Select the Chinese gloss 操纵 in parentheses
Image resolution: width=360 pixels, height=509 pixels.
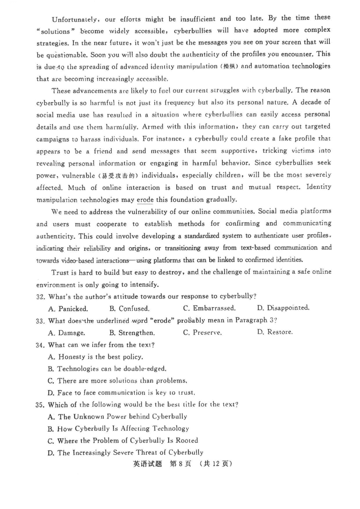(229, 67)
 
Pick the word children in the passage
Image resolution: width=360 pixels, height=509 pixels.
(244, 174)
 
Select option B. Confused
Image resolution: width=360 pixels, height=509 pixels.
(129, 308)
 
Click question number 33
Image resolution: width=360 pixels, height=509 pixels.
(41, 321)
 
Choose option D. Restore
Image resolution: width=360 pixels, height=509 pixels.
(274, 332)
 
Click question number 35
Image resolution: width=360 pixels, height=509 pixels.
(41, 405)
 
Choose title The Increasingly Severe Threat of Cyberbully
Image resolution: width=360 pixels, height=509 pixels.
(125, 453)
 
